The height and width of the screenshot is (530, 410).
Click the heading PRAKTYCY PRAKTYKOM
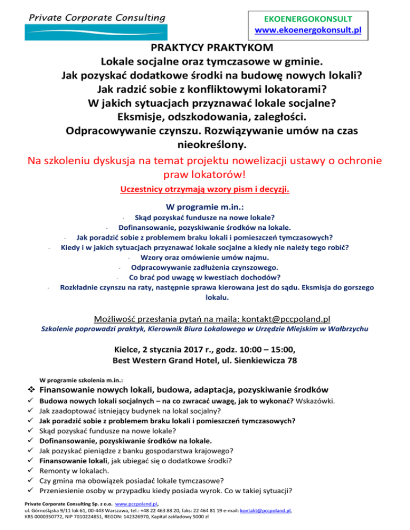click(205, 47)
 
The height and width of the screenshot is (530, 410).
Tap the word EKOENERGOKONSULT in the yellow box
click(308, 18)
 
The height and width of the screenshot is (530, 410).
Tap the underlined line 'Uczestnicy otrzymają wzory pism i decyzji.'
click(205, 189)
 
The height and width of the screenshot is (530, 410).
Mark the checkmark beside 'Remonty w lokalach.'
click(32, 471)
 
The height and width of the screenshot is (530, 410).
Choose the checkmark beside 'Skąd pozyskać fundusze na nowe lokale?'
click(32, 431)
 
